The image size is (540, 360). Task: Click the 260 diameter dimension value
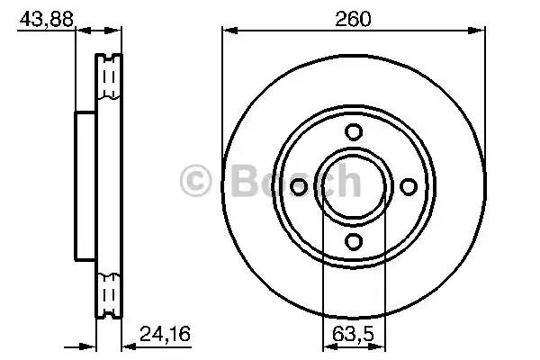coord(354,17)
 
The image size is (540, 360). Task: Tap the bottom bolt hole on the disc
coord(354,240)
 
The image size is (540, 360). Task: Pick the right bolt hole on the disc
coord(409,185)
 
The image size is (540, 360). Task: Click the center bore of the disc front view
coord(354,185)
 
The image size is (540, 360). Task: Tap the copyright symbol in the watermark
coord(200,181)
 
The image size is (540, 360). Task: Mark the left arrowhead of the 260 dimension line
coord(228,32)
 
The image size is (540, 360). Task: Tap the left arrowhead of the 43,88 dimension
coord(79,32)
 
